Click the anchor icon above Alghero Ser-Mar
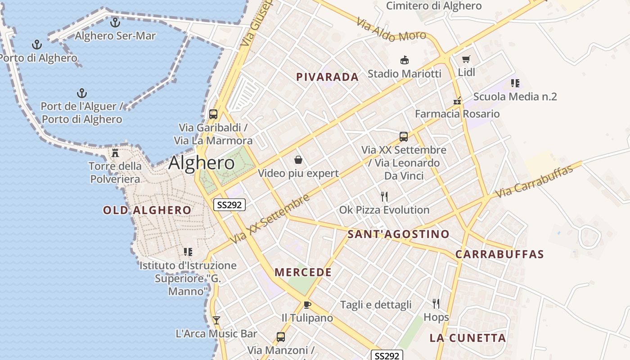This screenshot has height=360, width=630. point(115,22)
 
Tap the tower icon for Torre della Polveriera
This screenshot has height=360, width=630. point(115,153)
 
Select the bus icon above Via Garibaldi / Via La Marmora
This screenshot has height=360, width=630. point(213,114)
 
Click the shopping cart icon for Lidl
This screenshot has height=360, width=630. point(466,59)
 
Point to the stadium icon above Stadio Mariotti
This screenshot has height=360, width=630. point(404,60)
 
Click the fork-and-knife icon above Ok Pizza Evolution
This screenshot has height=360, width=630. point(384,196)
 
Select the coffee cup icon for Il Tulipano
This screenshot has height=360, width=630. point(307,305)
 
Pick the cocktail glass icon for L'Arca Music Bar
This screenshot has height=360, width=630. point(216,320)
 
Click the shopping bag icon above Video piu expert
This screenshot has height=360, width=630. point(298,160)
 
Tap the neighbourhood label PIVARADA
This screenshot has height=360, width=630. point(328,77)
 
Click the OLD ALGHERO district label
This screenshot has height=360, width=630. point(147,210)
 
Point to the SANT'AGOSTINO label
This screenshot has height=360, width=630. point(398,234)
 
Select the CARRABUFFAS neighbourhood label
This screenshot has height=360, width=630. point(499,254)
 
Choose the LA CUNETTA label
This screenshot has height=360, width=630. point(468,338)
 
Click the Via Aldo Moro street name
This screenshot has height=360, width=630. point(391,30)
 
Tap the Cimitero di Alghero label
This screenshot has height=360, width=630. point(434,6)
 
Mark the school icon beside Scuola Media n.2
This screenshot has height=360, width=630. point(515,83)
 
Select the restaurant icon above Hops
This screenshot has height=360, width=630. point(436,304)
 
